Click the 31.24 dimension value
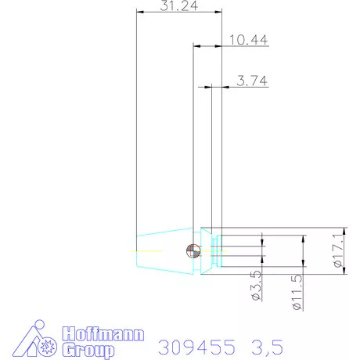click(x=178, y=5)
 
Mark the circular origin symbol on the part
click(x=191, y=250)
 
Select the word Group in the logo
click(x=88, y=350)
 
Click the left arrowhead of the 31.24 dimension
click(x=139, y=12)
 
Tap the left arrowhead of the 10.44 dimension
click(x=196, y=46)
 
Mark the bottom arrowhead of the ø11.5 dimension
click(x=302, y=263)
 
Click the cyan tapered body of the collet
click(x=164, y=250)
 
